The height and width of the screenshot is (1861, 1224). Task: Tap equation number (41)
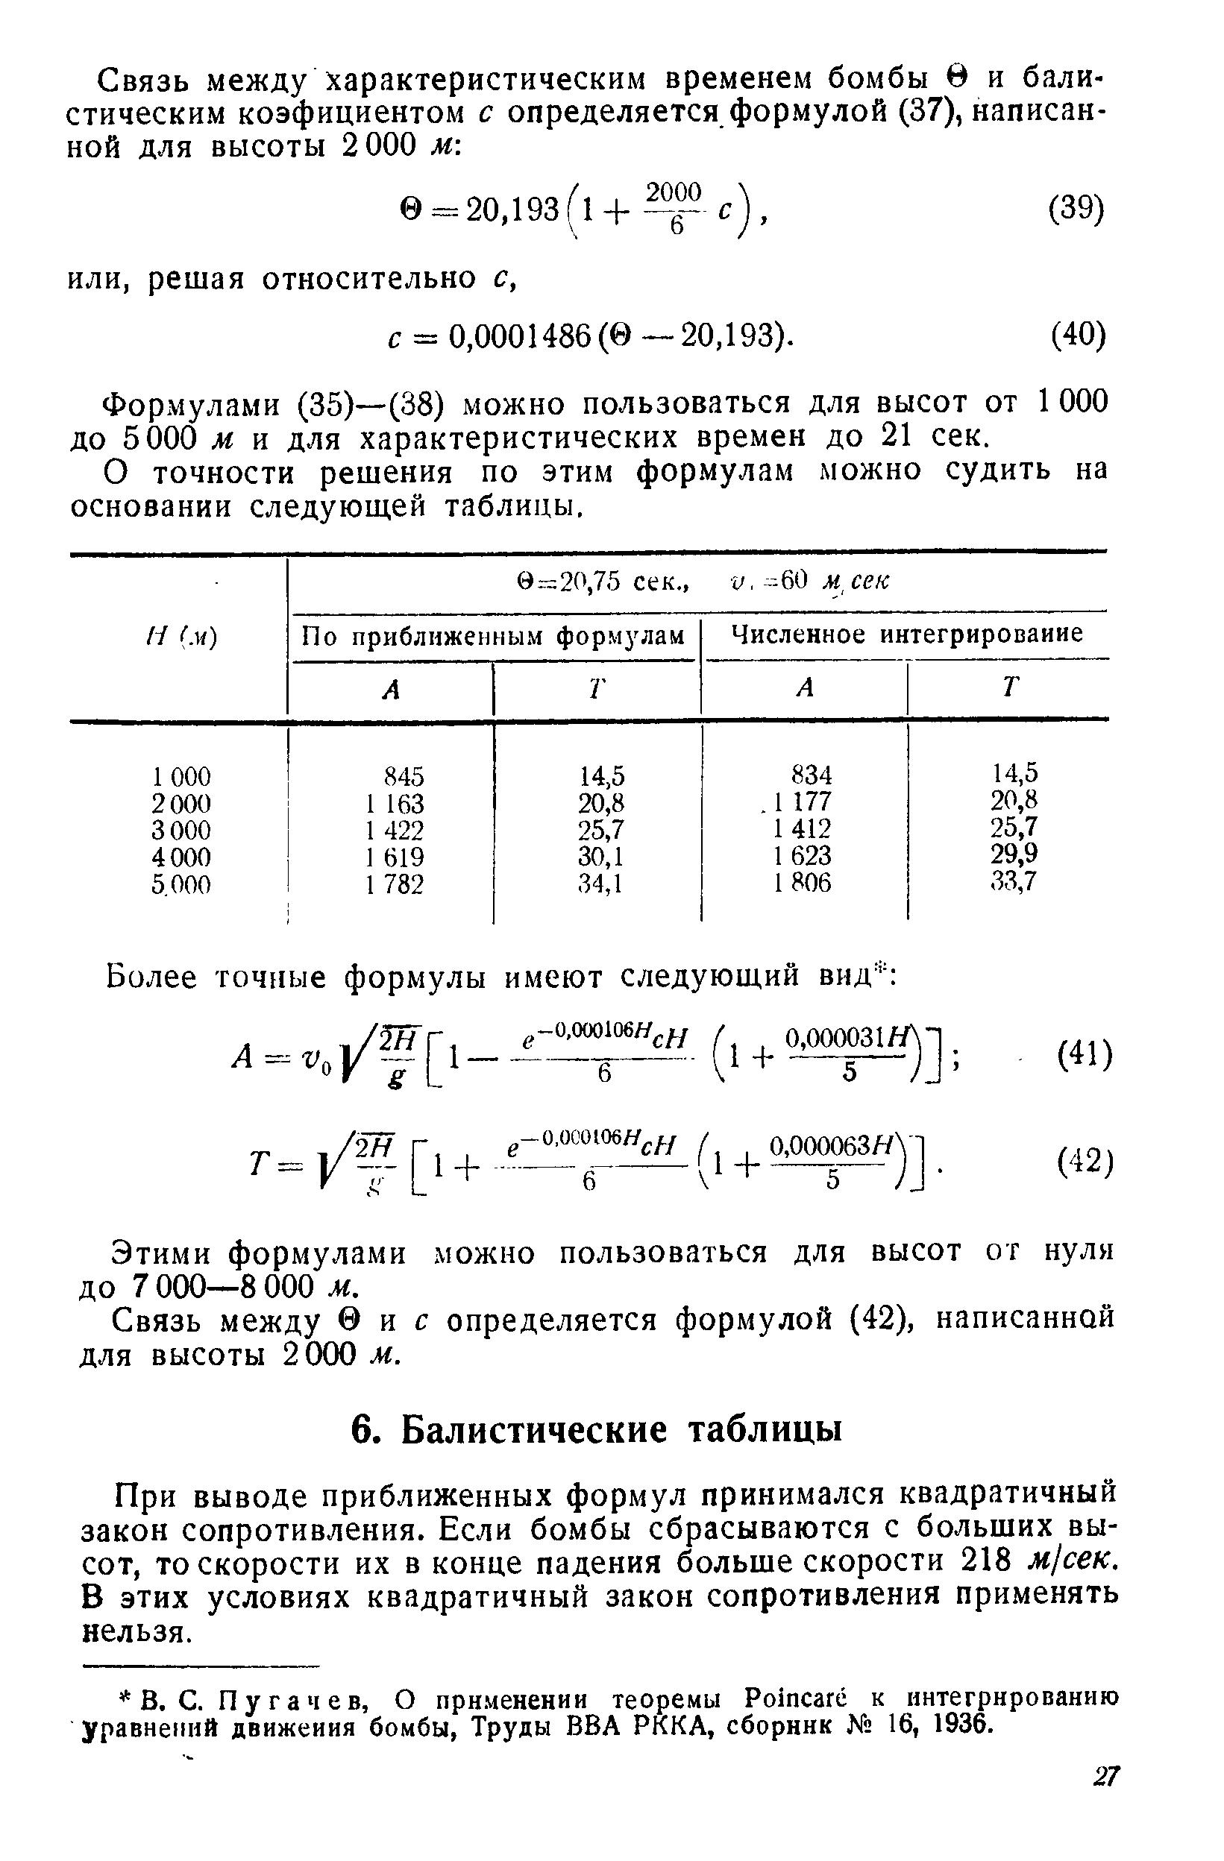click(1083, 1057)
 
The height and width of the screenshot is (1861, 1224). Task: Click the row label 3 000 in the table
click(181, 830)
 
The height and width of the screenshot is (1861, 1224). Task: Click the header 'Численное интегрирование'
click(906, 633)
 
